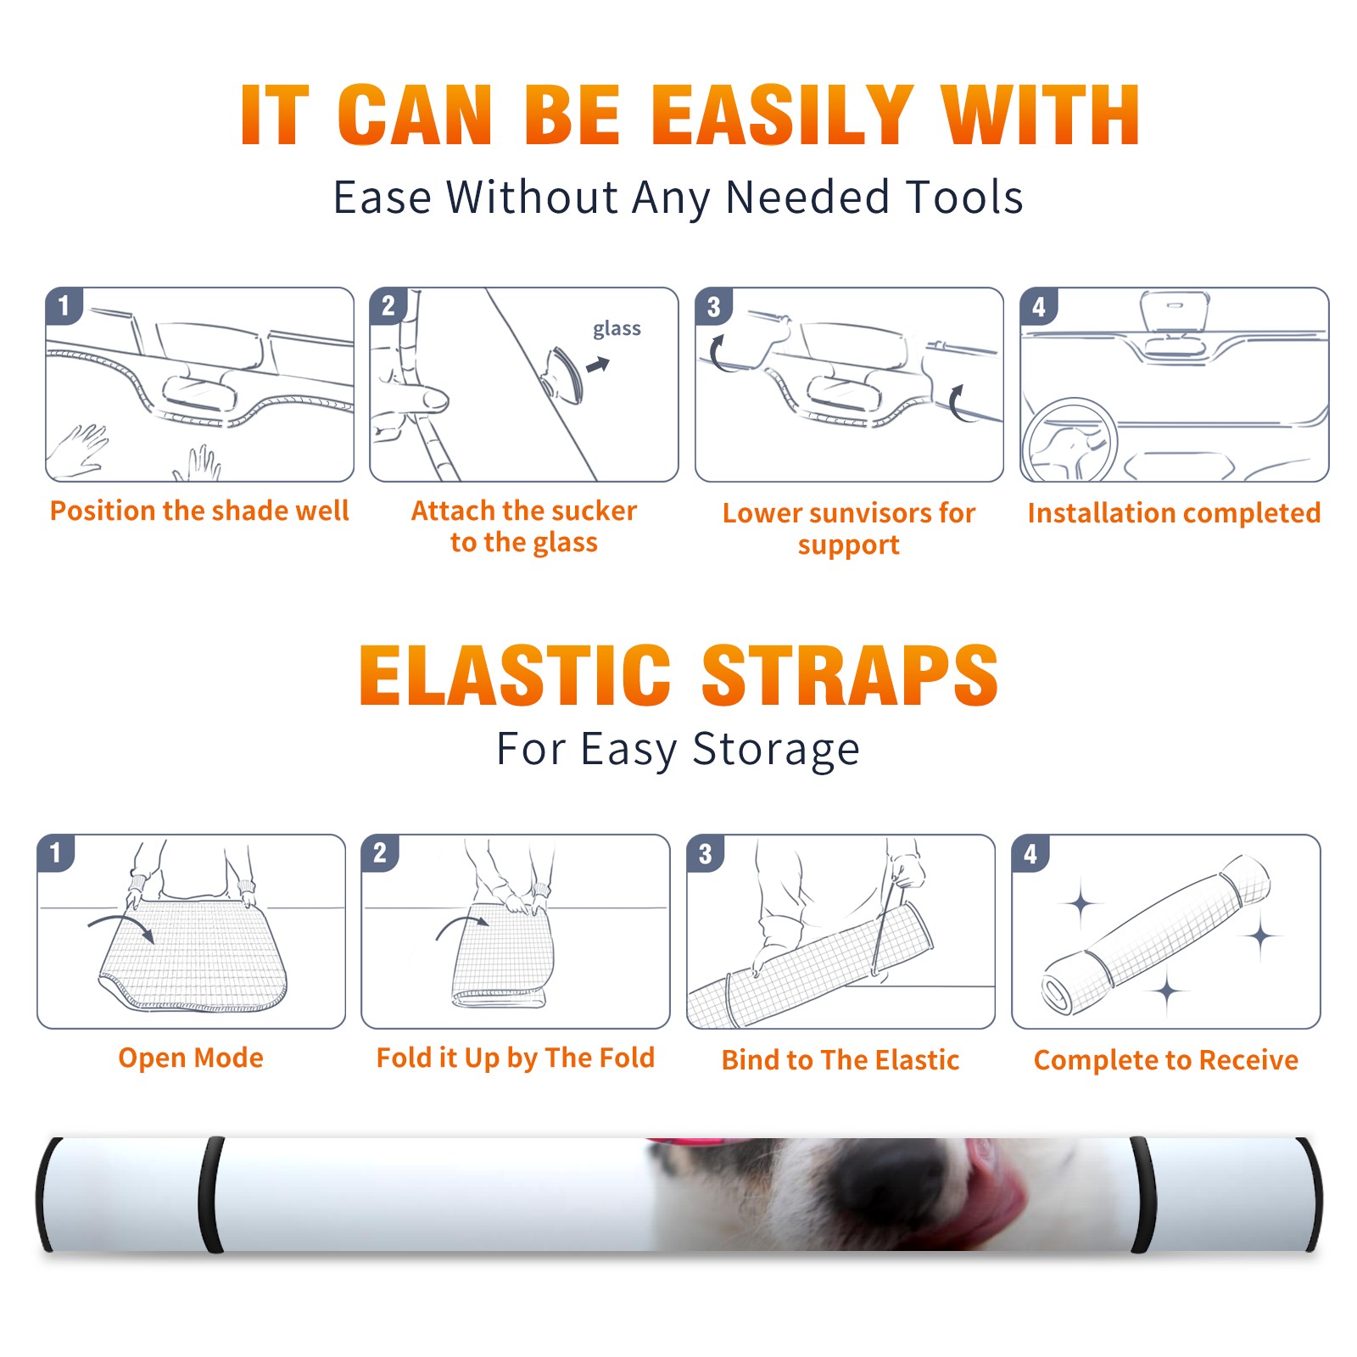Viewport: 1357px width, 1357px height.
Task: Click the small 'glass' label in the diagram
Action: click(617, 328)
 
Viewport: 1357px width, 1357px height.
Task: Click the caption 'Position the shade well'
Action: click(199, 511)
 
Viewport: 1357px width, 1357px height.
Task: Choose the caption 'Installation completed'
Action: click(1174, 513)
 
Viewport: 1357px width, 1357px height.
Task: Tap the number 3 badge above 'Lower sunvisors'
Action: click(713, 306)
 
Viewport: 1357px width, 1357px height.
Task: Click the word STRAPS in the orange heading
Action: click(850, 675)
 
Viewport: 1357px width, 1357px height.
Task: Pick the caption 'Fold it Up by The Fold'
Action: click(516, 1058)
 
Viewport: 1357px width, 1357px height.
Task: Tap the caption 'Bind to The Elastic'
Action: click(840, 1060)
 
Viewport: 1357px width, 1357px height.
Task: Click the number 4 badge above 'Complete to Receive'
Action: click(1030, 853)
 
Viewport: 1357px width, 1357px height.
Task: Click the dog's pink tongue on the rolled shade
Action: click(984, 1204)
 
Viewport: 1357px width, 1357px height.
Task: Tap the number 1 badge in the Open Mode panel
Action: click(56, 853)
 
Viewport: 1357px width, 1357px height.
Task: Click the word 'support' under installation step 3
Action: click(848, 544)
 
